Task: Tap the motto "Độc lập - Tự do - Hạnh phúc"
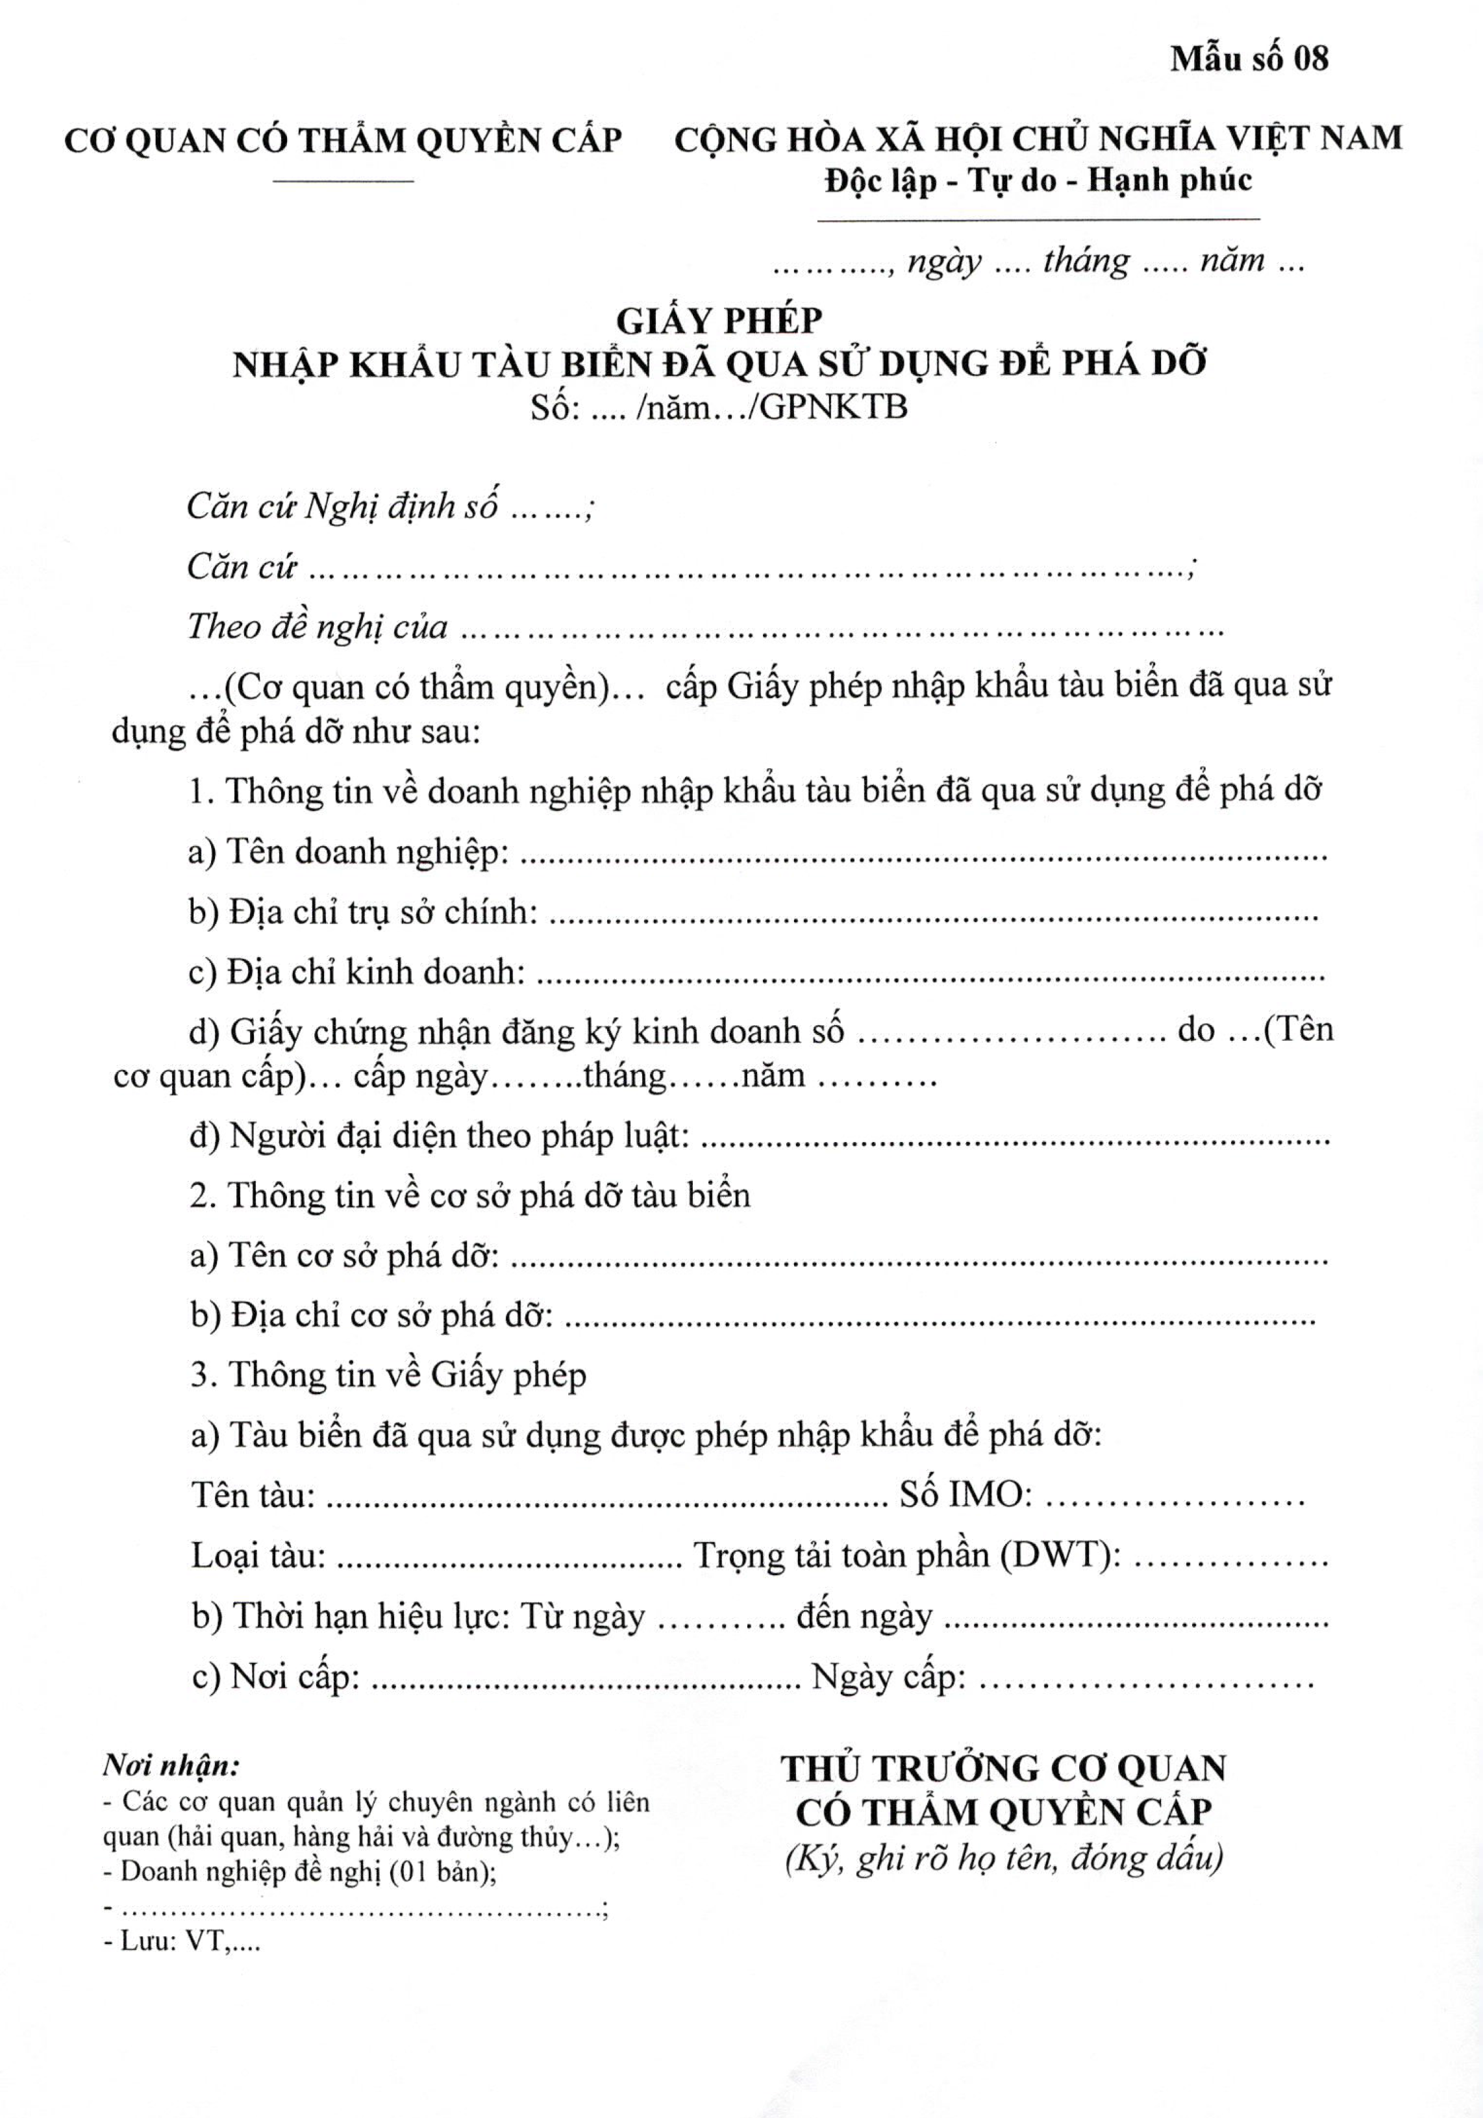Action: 1038,179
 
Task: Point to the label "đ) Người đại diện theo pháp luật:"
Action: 439,1136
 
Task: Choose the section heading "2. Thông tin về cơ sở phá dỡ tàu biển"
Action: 470,1195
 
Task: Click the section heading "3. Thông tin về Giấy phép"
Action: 388,1375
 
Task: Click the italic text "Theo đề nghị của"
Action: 318,627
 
